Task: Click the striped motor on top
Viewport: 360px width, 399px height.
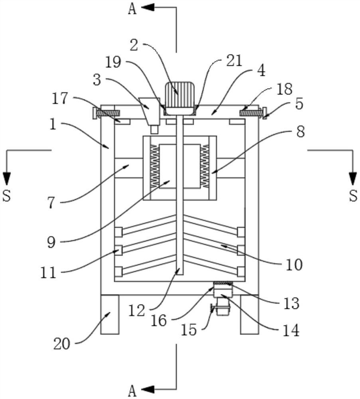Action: pyautogui.click(x=180, y=98)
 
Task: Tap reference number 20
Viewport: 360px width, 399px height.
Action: pyautogui.click(x=61, y=344)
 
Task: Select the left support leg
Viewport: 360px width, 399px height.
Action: pyautogui.click(x=110, y=314)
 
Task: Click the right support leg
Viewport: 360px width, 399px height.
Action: pyautogui.click(x=250, y=314)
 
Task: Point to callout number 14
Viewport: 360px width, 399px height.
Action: pyautogui.click(x=291, y=331)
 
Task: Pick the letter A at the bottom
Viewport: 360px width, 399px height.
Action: pyautogui.click(x=132, y=391)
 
